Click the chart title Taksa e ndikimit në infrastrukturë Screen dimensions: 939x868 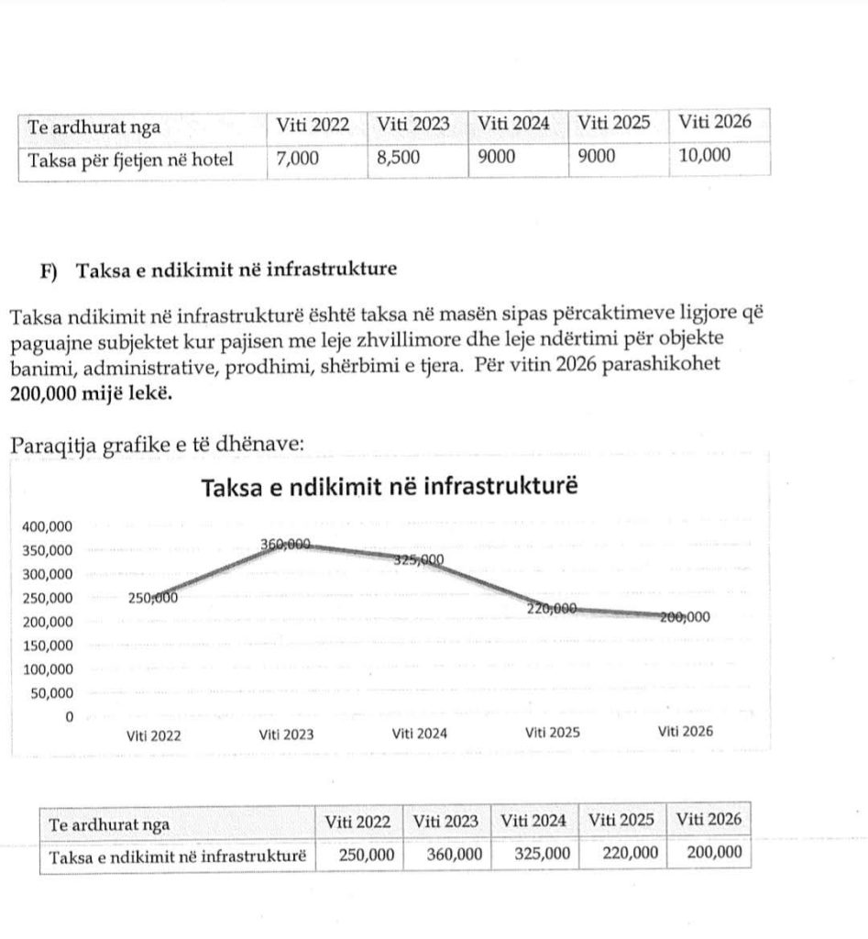point(390,488)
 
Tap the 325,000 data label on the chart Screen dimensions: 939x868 point(418,560)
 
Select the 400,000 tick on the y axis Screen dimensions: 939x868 point(46,526)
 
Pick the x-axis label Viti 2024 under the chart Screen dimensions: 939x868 point(420,734)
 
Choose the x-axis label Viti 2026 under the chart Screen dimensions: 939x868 point(687,732)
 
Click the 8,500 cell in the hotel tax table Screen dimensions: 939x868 point(398,157)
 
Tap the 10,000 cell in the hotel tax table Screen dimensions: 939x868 point(705,156)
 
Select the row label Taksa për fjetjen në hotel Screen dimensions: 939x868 point(131,160)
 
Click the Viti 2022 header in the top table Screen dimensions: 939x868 point(313,125)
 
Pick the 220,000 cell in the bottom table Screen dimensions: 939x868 point(631,853)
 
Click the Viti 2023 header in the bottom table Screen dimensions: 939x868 point(445,820)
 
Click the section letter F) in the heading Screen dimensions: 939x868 point(49,271)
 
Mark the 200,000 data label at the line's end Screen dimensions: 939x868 point(686,617)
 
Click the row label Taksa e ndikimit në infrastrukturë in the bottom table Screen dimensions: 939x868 point(176,856)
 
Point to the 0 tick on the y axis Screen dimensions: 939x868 point(68,716)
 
